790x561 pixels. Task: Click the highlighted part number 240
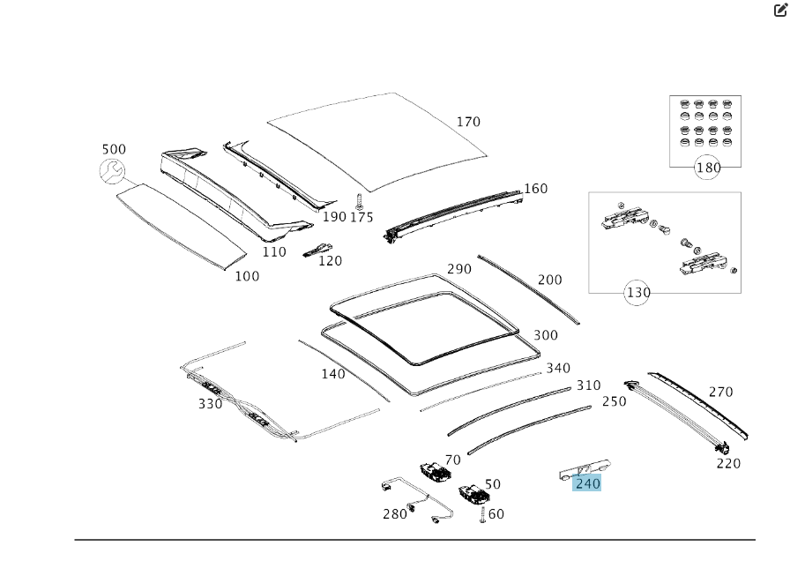[587, 483]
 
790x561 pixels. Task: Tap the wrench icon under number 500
[112, 173]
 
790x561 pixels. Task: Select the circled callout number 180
[708, 168]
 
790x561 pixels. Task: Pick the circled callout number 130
[637, 293]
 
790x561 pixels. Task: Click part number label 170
[468, 122]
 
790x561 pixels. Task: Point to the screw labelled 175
[360, 200]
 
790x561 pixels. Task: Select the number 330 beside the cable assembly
[210, 404]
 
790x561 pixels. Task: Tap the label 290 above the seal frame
[458, 269]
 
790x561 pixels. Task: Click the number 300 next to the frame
[546, 335]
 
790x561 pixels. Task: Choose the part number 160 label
[535, 189]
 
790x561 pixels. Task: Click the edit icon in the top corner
[779, 10]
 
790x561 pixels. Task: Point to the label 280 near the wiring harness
[395, 514]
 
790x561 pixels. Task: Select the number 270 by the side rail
[720, 393]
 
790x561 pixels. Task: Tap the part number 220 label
[728, 463]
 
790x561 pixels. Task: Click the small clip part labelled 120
[314, 250]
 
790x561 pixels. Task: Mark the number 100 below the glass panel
[247, 276]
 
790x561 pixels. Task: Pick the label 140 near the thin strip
[333, 374]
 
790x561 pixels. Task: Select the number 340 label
[558, 368]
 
